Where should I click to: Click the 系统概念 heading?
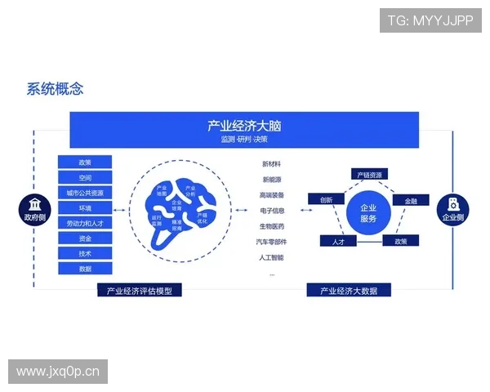(55, 89)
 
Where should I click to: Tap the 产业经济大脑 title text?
(244, 126)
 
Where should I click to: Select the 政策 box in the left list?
(85, 163)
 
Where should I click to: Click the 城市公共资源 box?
(85, 193)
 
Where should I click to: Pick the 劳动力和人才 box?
(85, 223)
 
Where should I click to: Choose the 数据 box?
(85, 268)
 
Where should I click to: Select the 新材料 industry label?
(272, 165)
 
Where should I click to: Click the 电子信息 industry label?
(272, 211)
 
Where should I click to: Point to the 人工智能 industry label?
(272, 257)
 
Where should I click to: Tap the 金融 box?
(410, 200)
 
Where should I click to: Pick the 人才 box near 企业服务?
(338, 242)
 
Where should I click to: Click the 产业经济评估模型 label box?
(139, 290)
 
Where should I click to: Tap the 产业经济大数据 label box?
(349, 290)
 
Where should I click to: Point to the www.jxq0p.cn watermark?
(58, 372)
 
